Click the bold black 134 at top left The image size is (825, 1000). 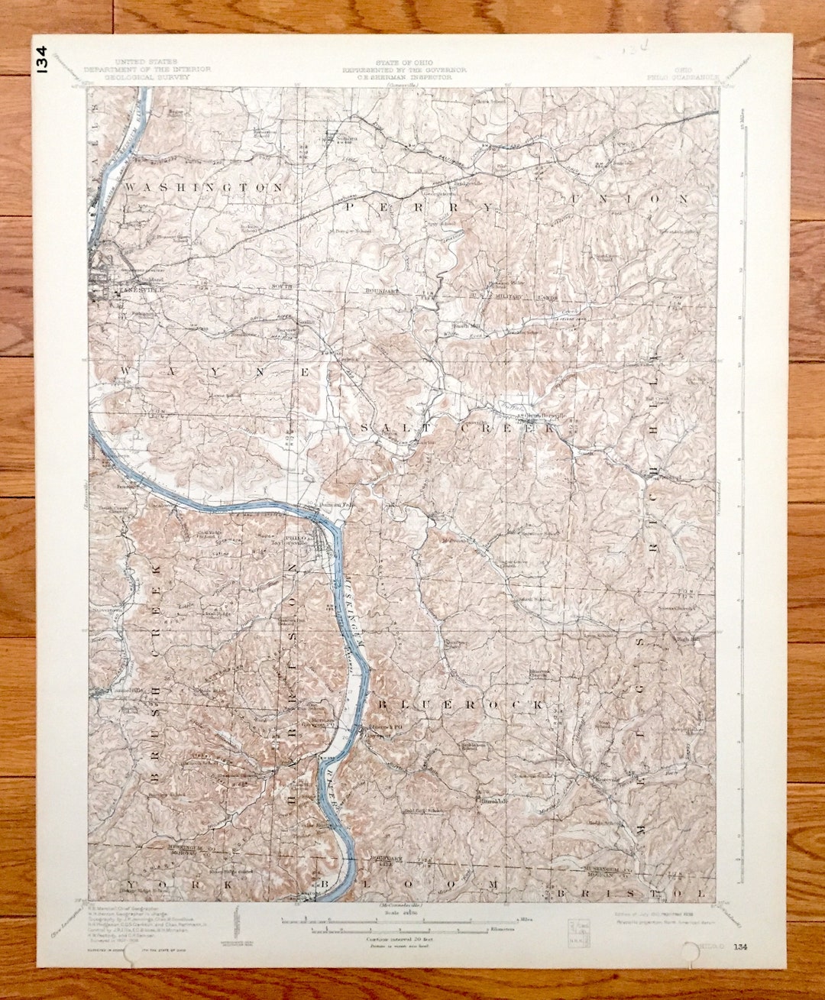pyautogui.click(x=41, y=60)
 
